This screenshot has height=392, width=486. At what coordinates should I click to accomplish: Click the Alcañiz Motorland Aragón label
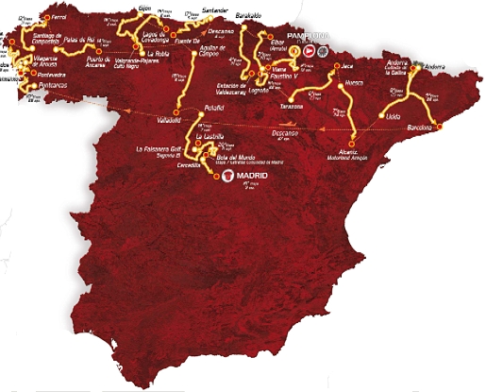tap(344, 154)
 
